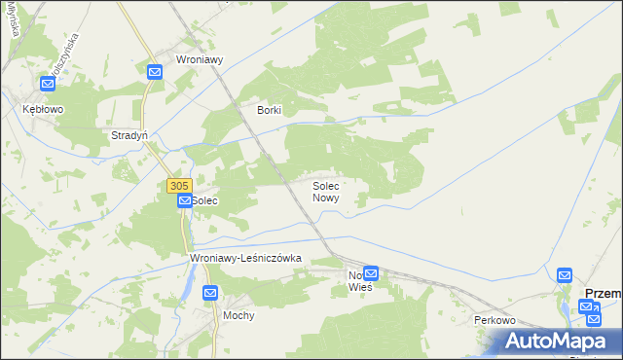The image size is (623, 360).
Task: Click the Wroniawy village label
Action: coord(200,58)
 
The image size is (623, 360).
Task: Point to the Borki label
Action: coord(269,110)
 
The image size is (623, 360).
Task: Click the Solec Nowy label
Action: coord(325,191)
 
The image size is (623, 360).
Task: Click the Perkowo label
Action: coord(494,320)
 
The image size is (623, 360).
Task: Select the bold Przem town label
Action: coord(602,292)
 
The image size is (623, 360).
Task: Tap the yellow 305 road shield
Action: coord(177,185)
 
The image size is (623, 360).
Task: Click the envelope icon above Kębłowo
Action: coord(47,85)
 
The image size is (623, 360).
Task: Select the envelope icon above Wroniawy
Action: coord(155,71)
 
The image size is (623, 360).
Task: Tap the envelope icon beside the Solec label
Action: coord(183,200)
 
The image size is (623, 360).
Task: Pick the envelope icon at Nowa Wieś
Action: coord(371,274)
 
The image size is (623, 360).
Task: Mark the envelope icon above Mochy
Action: coord(210,292)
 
